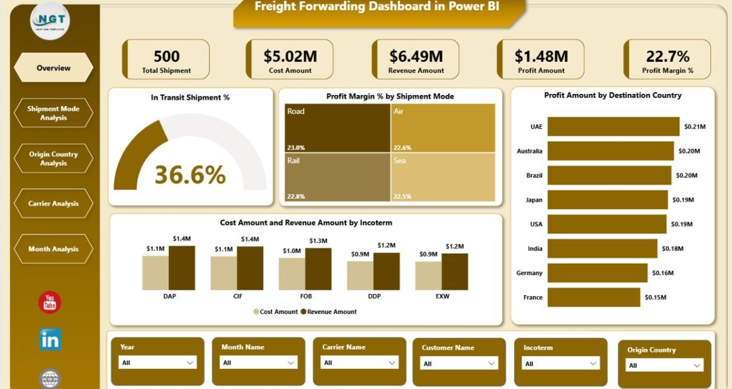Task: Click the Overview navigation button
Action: click(53, 68)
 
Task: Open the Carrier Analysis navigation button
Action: click(53, 204)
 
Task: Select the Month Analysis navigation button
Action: click(53, 249)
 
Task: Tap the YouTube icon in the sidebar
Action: click(50, 302)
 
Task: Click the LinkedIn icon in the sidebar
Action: click(50, 339)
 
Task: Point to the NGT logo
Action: click(50, 21)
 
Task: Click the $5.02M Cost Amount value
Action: click(290, 56)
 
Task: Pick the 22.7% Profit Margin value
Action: click(667, 56)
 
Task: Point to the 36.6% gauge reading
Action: click(190, 175)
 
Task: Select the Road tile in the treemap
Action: click(338, 127)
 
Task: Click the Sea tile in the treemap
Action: click(443, 177)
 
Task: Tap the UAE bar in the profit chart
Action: click(613, 127)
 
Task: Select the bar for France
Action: click(593, 297)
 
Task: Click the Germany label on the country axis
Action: click(529, 273)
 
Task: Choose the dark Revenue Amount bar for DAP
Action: click(181, 267)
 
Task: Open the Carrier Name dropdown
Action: click(358, 362)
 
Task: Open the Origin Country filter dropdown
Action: click(664, 365)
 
